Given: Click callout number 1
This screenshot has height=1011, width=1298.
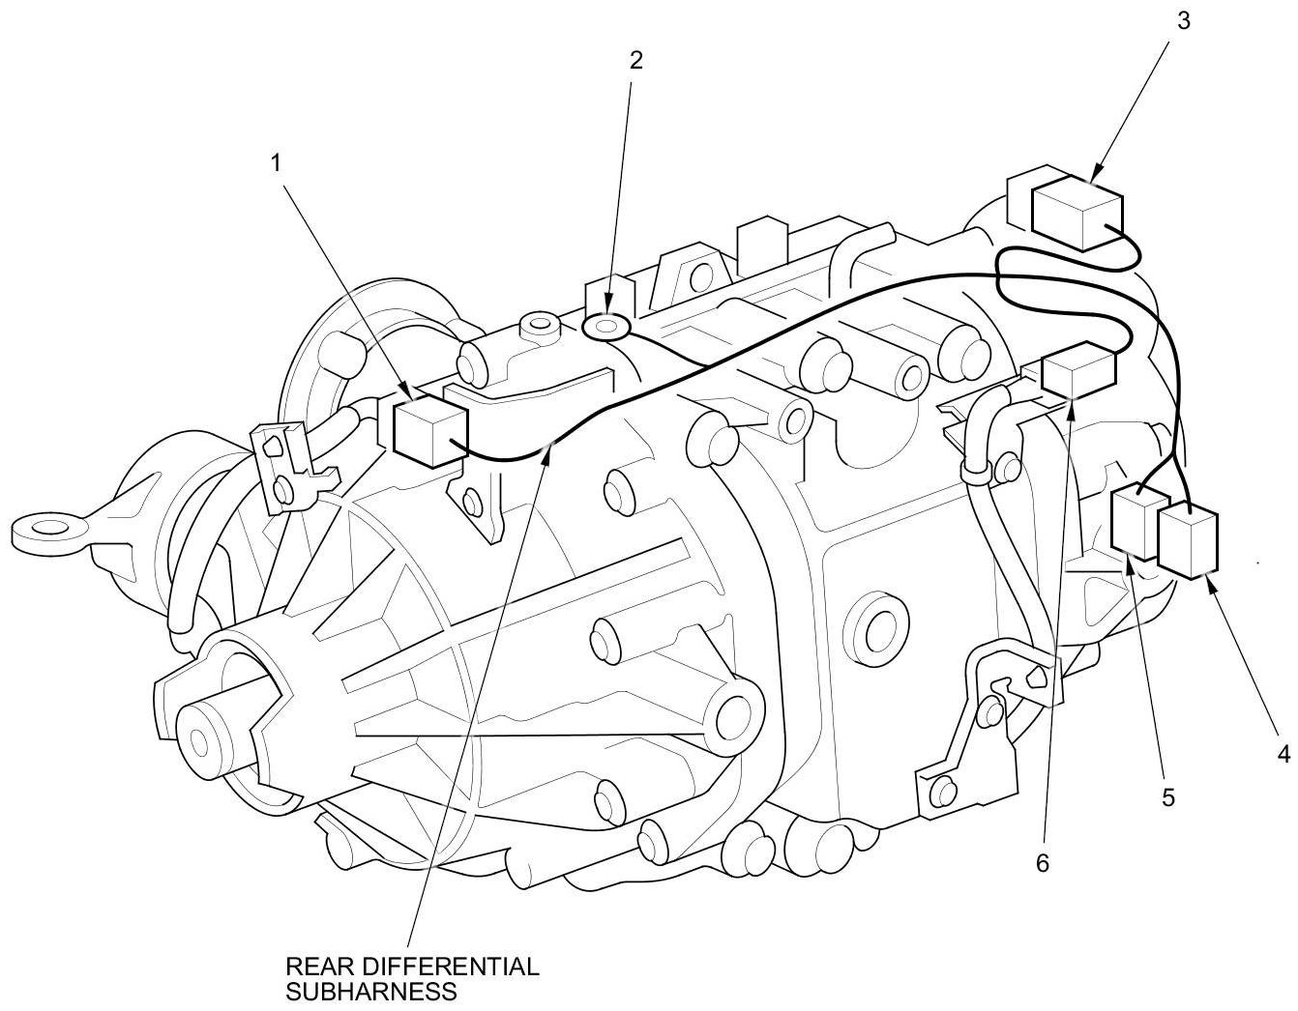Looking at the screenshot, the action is pyautogui.click(x=277, y=164).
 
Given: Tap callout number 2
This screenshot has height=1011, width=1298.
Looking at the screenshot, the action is pyautogui.click(x=635, y=60).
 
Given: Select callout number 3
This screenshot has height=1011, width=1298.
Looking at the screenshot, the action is pyautogui.click(x=1183, y=21).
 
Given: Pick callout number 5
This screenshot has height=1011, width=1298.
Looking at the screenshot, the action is pyautogui.click(x=1167, y=798).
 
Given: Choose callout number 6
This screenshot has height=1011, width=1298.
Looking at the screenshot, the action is pyautogui.click(x=1042, y=863).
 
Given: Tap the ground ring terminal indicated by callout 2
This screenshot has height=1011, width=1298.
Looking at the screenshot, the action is pyautogui.click(x=606, y=329).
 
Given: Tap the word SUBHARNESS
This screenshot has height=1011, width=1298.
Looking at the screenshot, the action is pyautogui.click(x=370, y=991).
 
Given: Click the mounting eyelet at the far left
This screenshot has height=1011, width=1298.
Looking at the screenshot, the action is pyautogui.click(x=41, y=528).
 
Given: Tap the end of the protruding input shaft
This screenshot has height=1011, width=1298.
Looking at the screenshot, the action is pyautogui.click(x=200, y=741).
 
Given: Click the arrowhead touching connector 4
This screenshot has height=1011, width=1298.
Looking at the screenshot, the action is pyautogui.click(x=1210, y=581).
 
